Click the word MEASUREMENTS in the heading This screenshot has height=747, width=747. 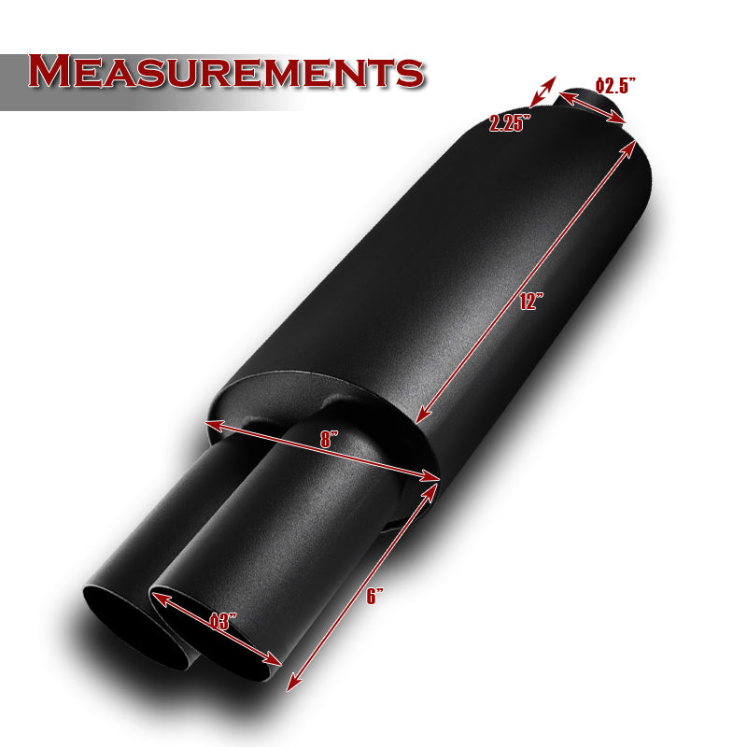(x=226, y=72)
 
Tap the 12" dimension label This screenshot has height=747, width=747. (x=530, y=302)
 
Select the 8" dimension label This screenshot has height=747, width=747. (x=329, y=439)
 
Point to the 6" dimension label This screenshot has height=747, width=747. (x=374, y=596)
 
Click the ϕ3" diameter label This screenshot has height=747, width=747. (x=223, y=621)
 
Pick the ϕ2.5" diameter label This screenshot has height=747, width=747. (x=615, y=85)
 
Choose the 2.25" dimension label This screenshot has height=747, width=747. (x=509, y=123)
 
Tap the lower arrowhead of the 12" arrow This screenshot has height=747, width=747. (x=422, y=414)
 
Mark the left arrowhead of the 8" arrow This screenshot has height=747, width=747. (x=214, y=425)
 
